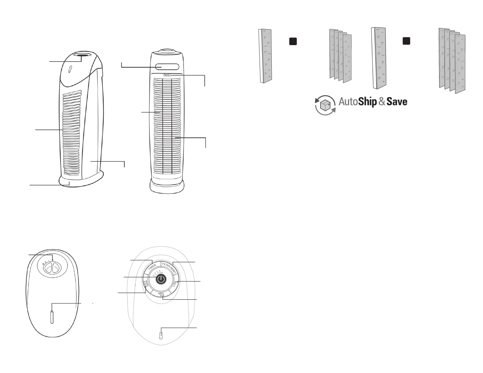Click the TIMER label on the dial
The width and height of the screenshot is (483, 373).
[152, 267]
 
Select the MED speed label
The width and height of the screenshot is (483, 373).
[161, 293]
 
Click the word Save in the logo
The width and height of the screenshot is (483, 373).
[397, 102]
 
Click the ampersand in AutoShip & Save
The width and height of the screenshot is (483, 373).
[382, 102]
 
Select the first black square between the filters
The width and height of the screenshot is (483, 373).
[293, 41]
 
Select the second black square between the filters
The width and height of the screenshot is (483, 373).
[406, 41]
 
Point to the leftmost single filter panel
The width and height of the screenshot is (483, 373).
[265, 56]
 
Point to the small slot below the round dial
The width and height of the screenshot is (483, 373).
[161, 336]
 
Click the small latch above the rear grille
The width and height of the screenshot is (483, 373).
[167, 74]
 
